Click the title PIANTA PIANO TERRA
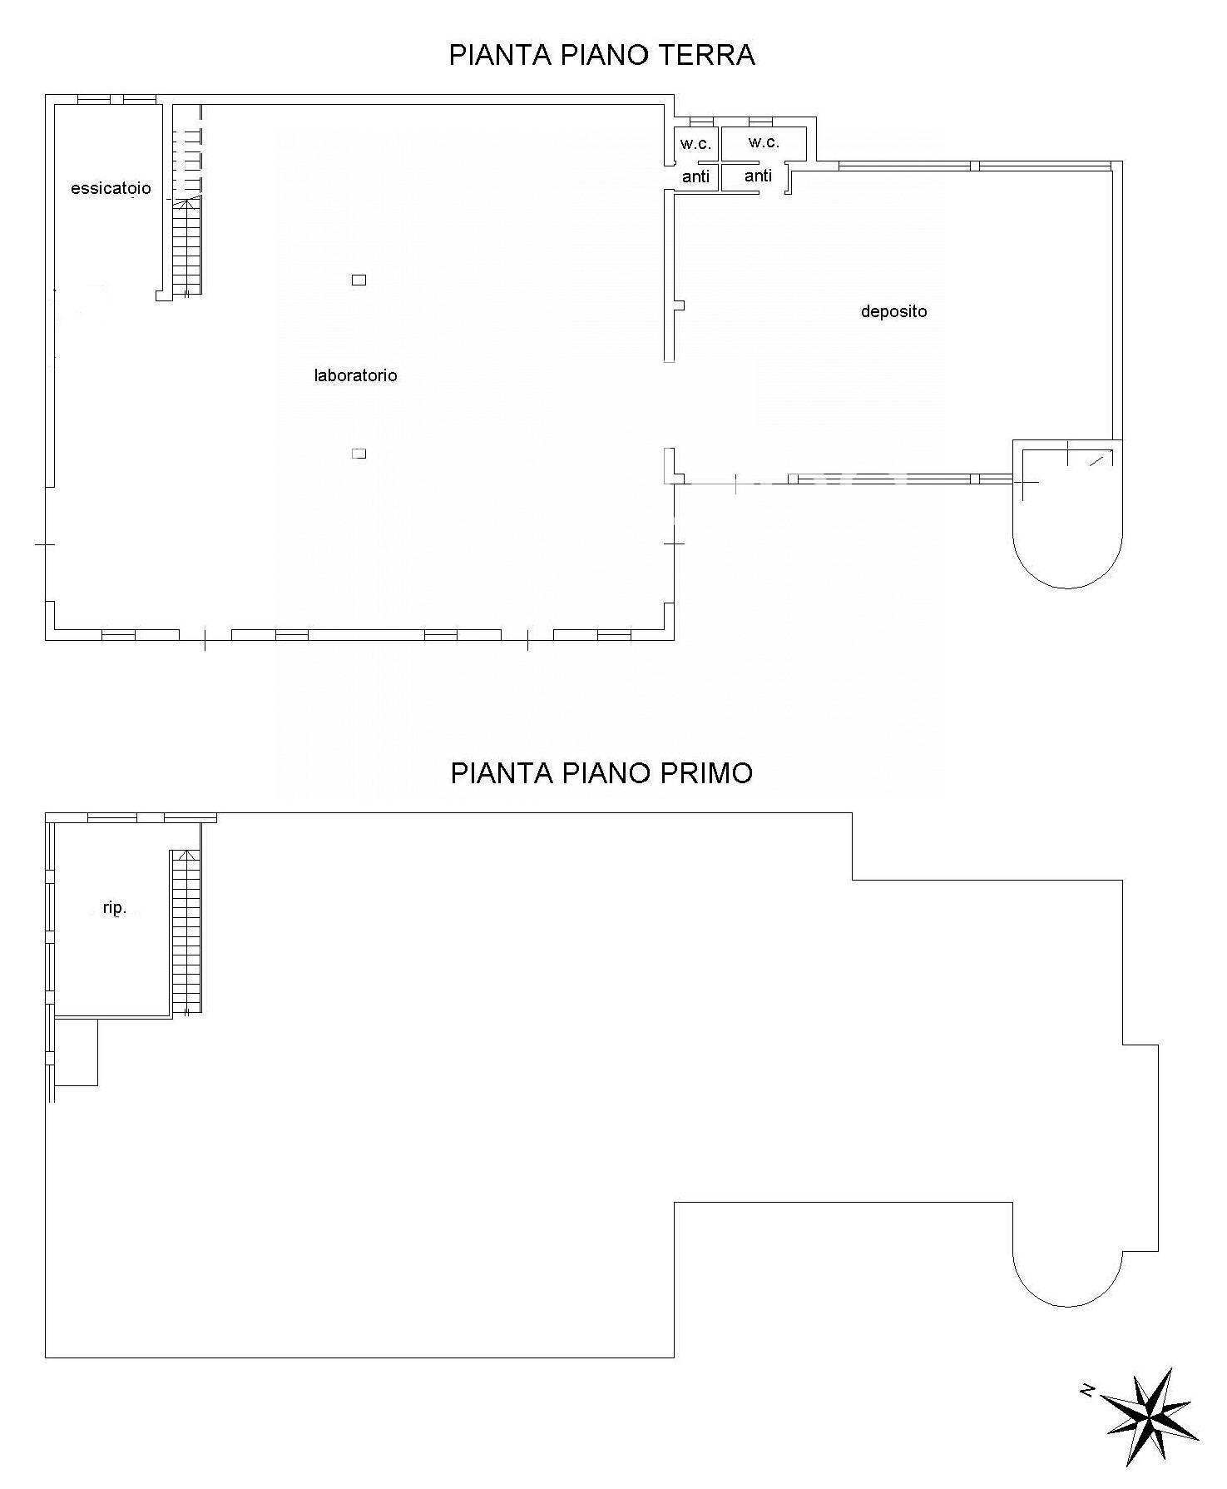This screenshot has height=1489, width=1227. [601, 55]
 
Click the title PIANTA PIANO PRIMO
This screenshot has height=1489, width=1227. [601, 773]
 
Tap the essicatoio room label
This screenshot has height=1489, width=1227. [111, 188]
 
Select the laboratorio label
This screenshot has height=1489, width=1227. [355, 375]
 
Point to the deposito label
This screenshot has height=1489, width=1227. [893, 311]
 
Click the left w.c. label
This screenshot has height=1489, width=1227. [695, 144]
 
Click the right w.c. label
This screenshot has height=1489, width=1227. [763, 142]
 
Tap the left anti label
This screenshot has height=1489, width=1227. [695, 176]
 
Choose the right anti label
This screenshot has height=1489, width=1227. [758, 176]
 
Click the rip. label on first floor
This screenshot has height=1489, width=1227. [115, 908]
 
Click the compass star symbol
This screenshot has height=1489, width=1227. [1153, 1417]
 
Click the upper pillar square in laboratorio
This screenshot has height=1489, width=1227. [359, 280]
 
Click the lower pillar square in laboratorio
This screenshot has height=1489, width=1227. [359, 454]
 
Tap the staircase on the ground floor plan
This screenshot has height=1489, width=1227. [187, 246]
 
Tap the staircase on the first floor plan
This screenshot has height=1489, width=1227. [186, 931]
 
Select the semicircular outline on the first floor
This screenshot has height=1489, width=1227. [1067, 1305]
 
